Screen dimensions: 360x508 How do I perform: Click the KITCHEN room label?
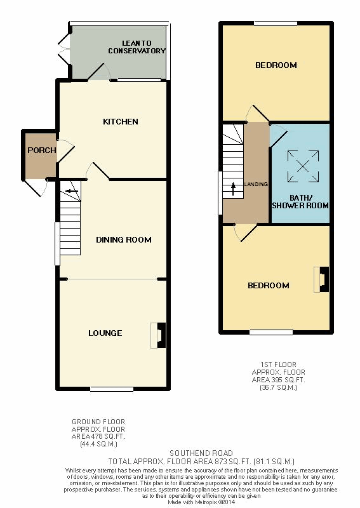tap(121, 121)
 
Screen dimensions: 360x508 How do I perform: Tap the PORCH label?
tap(42, 150)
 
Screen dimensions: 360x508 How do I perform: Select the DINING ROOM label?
tap(124, 240)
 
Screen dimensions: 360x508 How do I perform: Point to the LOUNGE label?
tap(105, 333)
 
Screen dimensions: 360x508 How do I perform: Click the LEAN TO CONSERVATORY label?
tap(137, 47)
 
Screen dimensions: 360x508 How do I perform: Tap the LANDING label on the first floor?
tap(256, 184)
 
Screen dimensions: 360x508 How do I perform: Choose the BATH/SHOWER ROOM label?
tap(300, 201)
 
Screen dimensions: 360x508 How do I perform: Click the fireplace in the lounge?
tap(158, 335)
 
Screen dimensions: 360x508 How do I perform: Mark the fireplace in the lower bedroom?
tap(321, 280)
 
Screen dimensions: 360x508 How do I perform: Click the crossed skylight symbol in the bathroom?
tap(303, 166)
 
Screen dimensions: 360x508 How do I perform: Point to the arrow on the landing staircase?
tap(233, 189)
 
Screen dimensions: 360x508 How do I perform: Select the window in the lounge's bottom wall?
tap(112, 389)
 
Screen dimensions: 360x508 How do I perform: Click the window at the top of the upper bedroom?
tap(276, 23)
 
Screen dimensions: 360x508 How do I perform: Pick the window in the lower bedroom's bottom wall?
tap(271, 332)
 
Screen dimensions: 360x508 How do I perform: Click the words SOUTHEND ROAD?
tap(201, 453)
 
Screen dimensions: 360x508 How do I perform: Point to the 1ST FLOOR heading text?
tap(278, 364)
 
